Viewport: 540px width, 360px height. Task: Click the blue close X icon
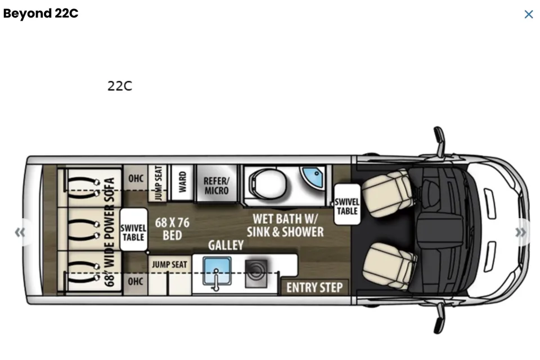point(529,14)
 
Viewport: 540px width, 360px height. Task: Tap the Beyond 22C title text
point(40,13)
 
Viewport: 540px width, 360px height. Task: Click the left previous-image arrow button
point(20,232)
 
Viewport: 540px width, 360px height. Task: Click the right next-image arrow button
point(521,232)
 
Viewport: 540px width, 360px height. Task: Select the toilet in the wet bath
point(268,184)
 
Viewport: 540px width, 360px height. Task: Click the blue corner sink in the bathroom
point(312,177)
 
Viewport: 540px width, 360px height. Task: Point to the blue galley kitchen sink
point(217,271)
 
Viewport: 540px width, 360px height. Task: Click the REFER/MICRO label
point(217,186)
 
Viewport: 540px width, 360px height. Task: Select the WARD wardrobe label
point(182,182)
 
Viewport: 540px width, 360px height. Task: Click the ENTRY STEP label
point(314,287)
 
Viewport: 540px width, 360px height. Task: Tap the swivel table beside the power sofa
point(134,229)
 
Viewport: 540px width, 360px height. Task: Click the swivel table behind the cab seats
point(347,204)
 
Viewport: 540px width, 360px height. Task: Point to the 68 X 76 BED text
point(172,229)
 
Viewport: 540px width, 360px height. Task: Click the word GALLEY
point(226,245)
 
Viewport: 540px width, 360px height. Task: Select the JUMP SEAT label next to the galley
point(169,264)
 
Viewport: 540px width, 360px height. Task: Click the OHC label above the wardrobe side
point(136,178)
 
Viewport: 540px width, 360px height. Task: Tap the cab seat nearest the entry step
point(389,266)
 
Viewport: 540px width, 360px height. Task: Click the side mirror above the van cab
point(439,141)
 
